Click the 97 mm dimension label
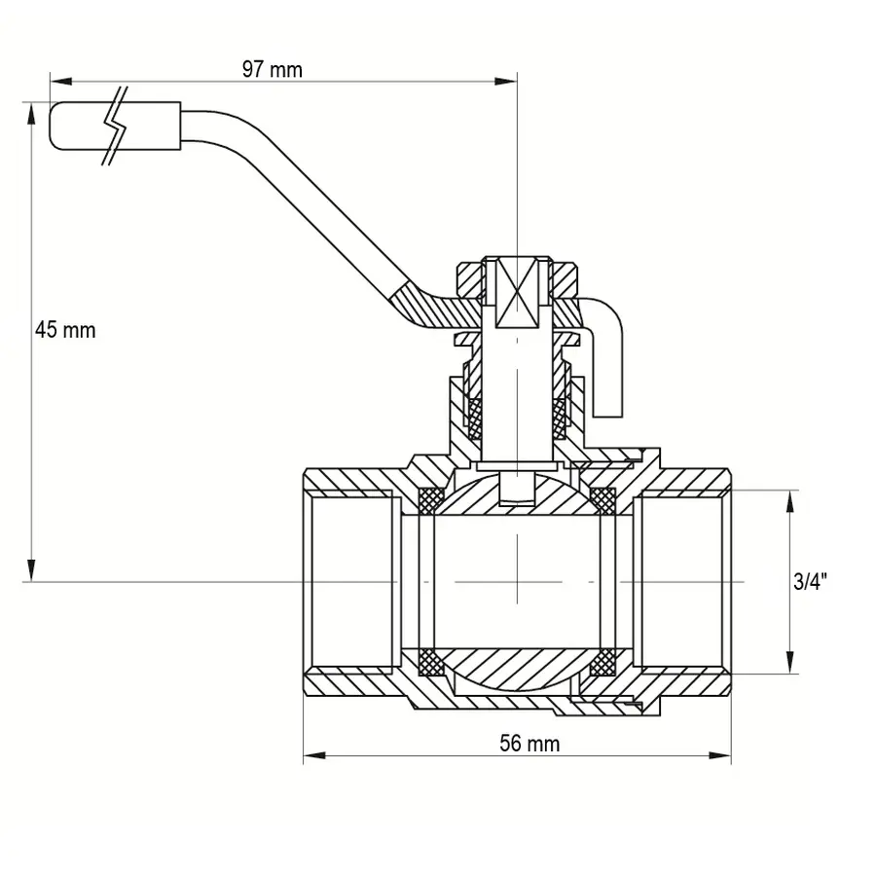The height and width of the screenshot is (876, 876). (x=273, y=70)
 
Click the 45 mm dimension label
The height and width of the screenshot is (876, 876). (x=65, y=330)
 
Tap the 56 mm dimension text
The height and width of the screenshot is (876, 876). (x=529, y=744)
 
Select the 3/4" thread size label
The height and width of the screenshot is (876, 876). (x=810, y=582)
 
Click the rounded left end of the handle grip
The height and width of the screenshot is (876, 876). (x=53, y=126)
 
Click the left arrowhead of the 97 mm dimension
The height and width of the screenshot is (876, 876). (x=61, y=82)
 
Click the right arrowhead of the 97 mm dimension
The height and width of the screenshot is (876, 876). (x=505, y=82)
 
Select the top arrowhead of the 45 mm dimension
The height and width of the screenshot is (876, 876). (x=32, y=114)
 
